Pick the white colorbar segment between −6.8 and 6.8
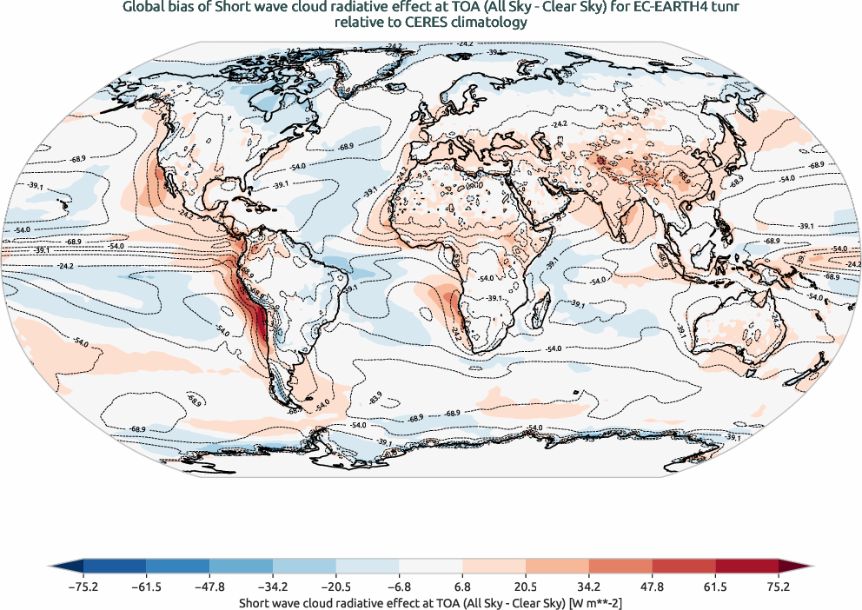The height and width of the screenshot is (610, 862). tap(431, 566)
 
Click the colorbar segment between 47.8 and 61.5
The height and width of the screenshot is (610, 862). tap(683, 566)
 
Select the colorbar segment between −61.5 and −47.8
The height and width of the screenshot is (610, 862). tap(178, 566)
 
